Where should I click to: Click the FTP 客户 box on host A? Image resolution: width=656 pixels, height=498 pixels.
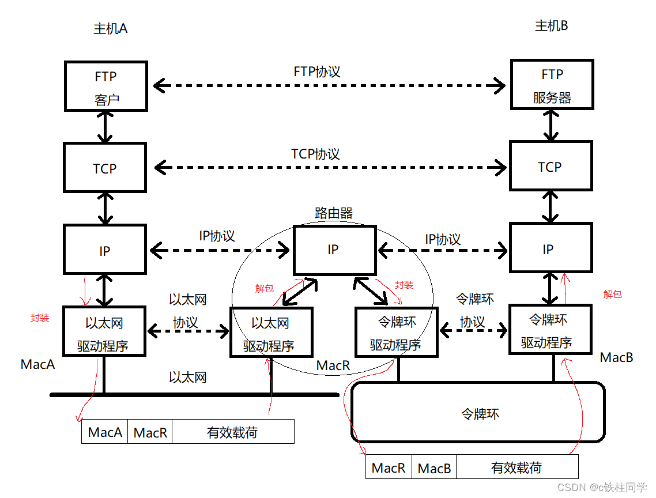click(x=105, y=87)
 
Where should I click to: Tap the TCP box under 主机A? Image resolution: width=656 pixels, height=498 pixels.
click(x=105, y=168)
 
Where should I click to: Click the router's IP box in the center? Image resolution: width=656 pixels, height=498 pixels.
click(x=333, y=250)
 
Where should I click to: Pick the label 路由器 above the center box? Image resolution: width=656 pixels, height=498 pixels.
click(x=333, y=213)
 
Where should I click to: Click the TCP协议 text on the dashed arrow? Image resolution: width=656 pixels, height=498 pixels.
click(x=315, y=154)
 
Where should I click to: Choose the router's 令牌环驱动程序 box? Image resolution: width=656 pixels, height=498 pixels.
click(x=396, y=333)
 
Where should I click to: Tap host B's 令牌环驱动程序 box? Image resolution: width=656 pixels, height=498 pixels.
click(x=549, y=330)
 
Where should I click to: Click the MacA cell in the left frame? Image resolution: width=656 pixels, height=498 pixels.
click(x=105, y=432)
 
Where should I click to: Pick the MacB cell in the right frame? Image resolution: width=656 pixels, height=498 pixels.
click(x=434, y=468)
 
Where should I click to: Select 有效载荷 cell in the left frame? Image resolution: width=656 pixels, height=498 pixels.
click(x=232, y=432)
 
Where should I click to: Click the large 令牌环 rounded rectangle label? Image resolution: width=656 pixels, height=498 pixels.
click(x=480, y=414)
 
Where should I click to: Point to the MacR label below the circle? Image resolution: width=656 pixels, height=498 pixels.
click(x=333, y=365)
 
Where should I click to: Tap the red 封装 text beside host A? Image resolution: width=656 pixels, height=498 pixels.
click(x=40, y=318)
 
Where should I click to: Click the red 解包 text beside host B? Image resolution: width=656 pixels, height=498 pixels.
click(x=612, y=294)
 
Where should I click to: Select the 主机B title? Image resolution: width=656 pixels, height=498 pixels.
click(x=552, y=27)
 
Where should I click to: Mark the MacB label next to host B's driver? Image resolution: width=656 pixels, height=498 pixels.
click(x=616, y=357)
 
